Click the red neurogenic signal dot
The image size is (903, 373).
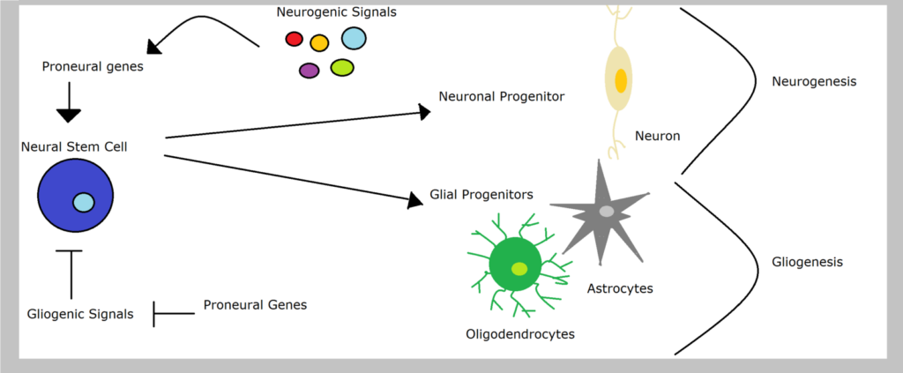click(295, 39)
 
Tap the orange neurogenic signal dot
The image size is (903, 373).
click(319, 43)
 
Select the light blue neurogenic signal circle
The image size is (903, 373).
click(354, 38)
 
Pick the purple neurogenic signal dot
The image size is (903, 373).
click(310, 71)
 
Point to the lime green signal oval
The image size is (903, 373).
click(342, 67)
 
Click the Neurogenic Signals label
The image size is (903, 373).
click(337, 12)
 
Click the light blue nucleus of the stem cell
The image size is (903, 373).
click(84, 202)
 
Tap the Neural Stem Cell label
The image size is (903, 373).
click(74, 146)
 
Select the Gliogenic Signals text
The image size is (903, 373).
click(80, 314)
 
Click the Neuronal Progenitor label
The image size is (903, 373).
click(502, 97)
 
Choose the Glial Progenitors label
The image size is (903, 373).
click(481, 195)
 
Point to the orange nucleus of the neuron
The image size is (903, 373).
click(620, 80)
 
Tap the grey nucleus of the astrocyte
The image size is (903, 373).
click(607, 212)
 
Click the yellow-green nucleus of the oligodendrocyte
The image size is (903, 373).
click(519, 269)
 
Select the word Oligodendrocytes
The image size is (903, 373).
click(520, 334)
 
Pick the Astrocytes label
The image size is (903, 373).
click(620, 288)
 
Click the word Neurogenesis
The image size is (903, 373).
click(814, 82)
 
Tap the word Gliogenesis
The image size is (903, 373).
click(808, 263)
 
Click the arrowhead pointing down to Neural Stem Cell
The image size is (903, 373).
click(69, 116)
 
